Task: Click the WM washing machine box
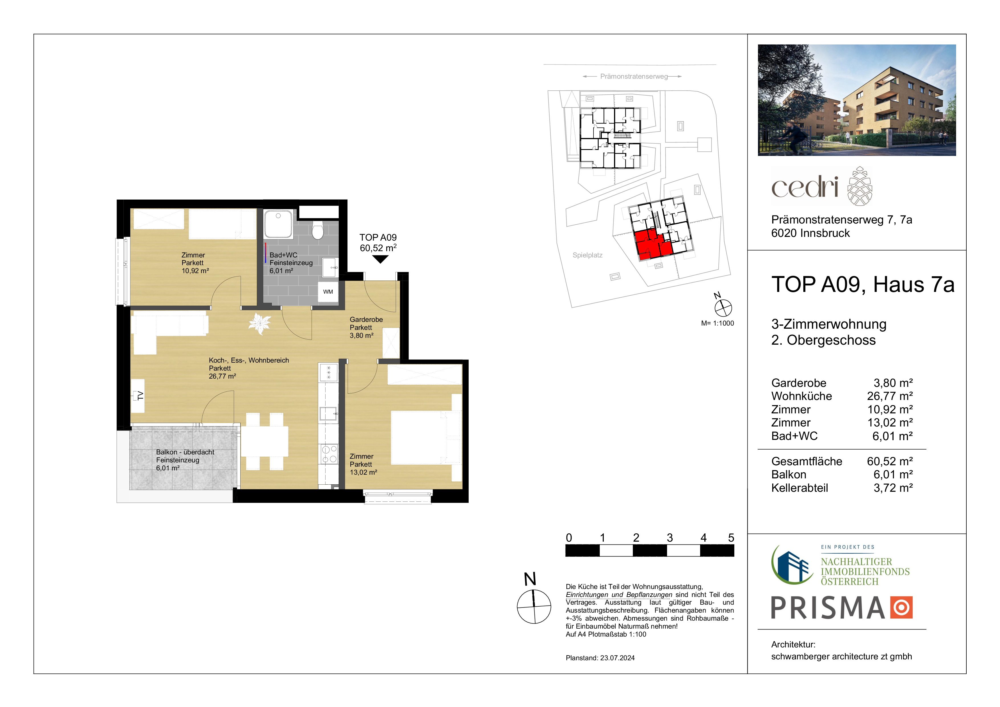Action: (328, 291)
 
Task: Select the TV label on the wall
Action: (140, 395)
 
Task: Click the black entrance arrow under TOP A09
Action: (380, 259)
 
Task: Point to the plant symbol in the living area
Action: (260, 323)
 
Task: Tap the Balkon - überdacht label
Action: (185, 452)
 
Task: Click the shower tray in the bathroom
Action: (278, 224)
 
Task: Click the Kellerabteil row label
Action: (800, 487)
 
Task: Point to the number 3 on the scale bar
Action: (670, 538)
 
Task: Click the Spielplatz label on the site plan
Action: (587, 255)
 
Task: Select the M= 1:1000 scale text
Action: (717, 323)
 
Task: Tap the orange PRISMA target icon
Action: (901, 607)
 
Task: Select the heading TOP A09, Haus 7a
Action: (863, 285)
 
